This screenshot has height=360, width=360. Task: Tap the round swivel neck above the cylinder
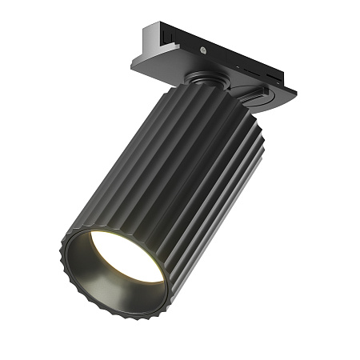click(202, 80)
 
